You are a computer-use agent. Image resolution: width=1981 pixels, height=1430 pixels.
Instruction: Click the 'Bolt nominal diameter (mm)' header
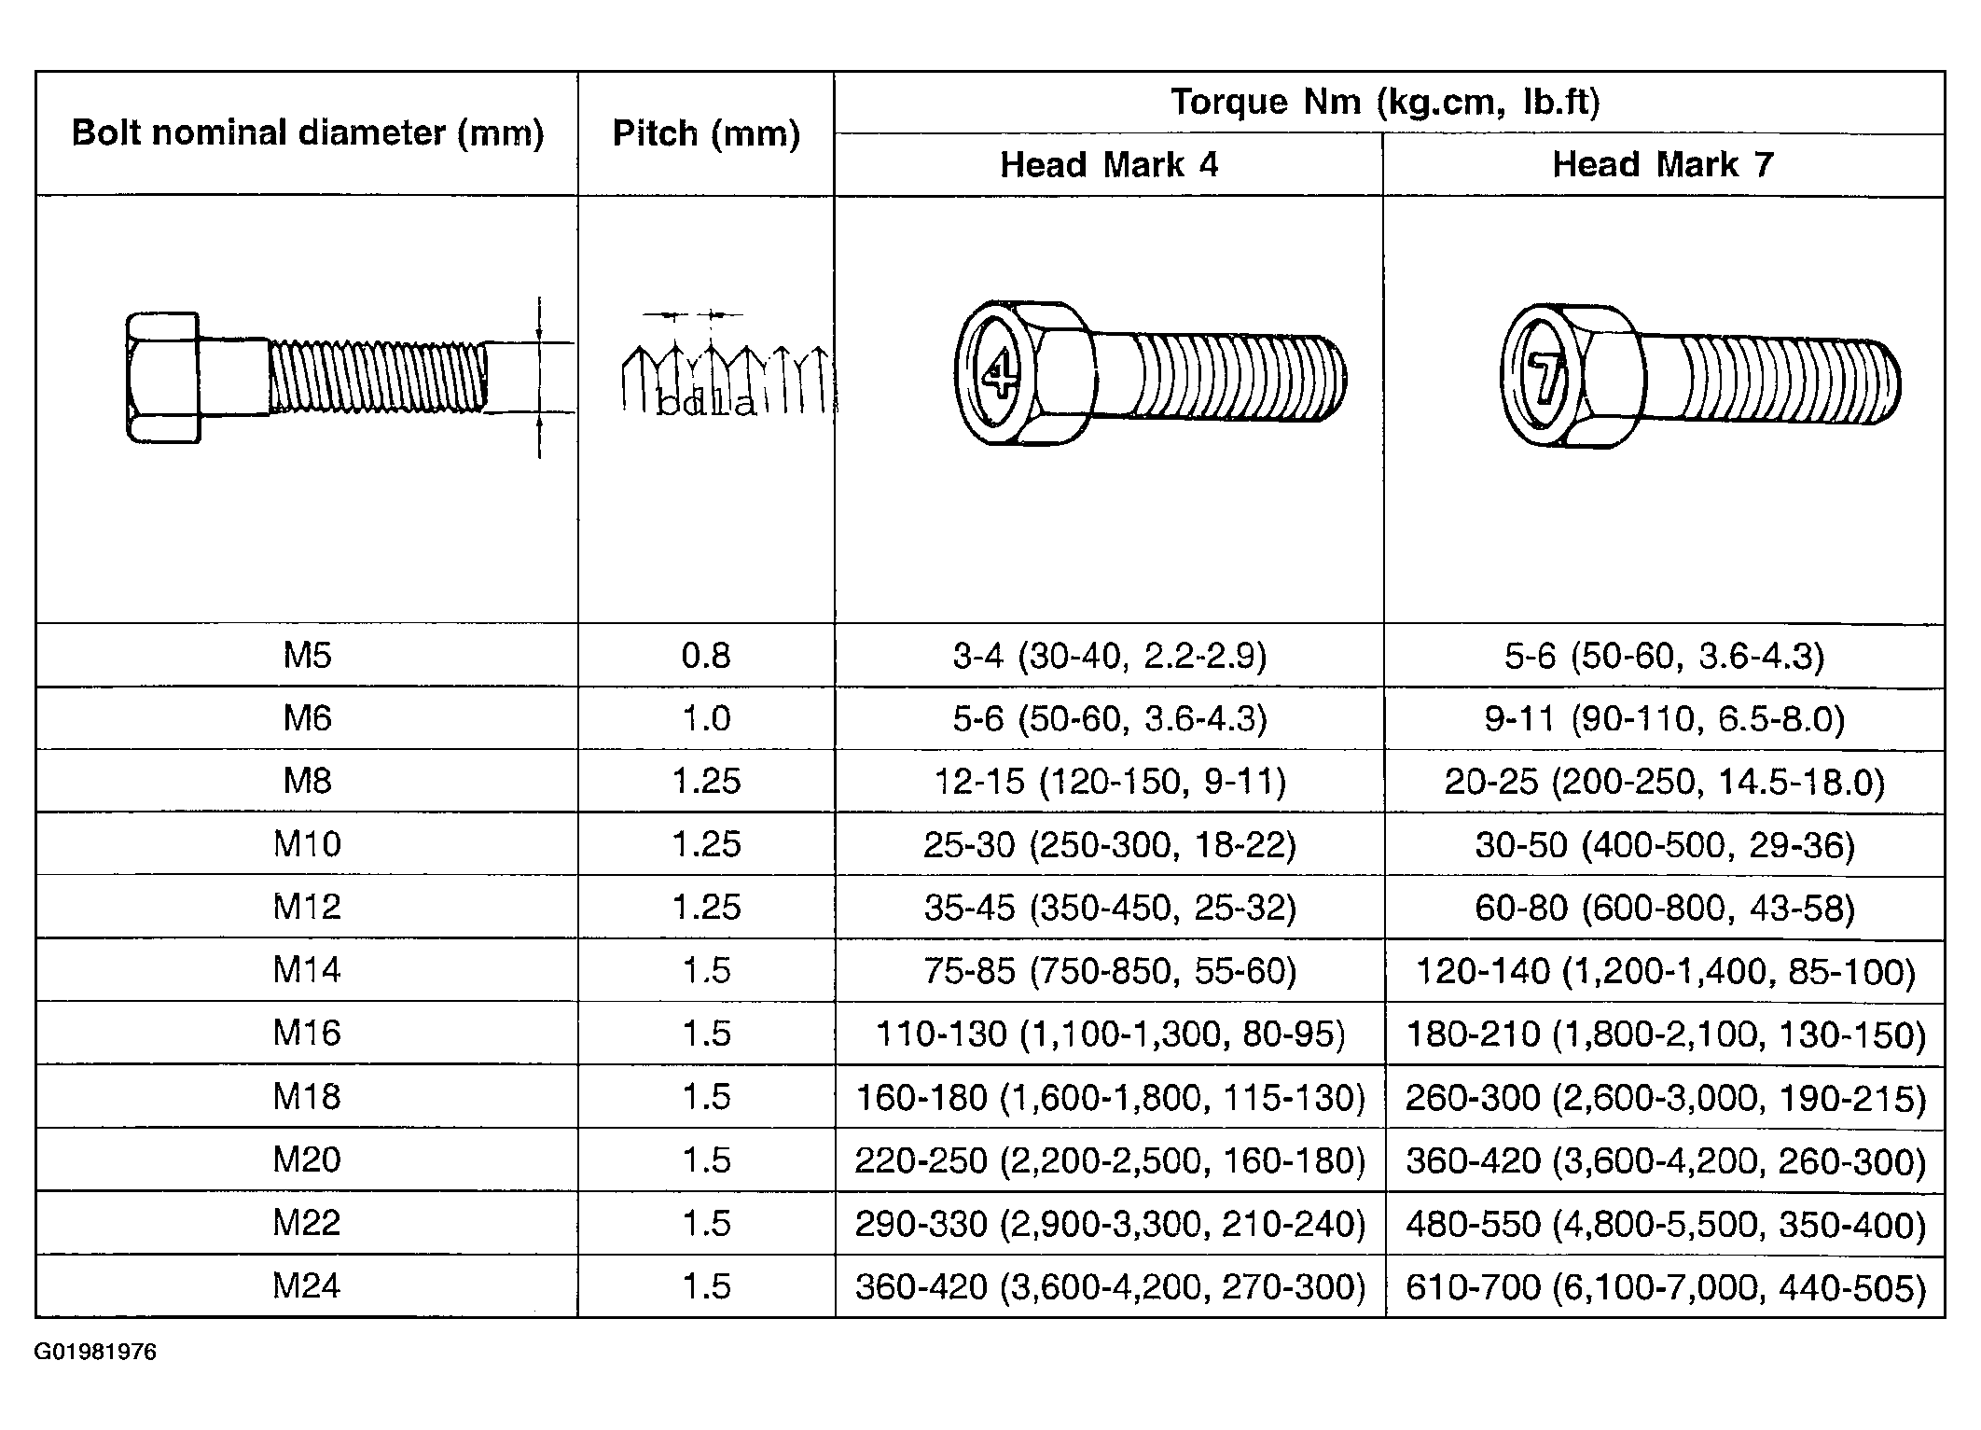point(308,133)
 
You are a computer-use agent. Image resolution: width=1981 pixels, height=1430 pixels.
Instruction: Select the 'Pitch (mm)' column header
point(706,134)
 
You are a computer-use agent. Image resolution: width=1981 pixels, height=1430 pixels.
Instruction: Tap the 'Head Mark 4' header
point(1109,165)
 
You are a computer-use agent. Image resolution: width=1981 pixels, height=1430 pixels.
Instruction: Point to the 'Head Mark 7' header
point(1663,164)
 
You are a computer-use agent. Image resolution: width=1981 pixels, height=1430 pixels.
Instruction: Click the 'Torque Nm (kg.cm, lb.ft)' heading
point(1386,102)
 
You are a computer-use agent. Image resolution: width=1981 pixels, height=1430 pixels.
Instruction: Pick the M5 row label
point(308,656)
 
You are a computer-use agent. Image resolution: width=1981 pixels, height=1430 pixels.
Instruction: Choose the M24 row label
point(307,1286)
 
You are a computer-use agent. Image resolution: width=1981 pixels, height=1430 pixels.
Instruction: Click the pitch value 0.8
point(706,656)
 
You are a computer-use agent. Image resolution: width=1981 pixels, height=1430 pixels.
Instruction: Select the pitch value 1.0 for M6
point(706,719)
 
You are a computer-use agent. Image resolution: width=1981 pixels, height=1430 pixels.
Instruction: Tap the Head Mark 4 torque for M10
point(1110,845)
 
